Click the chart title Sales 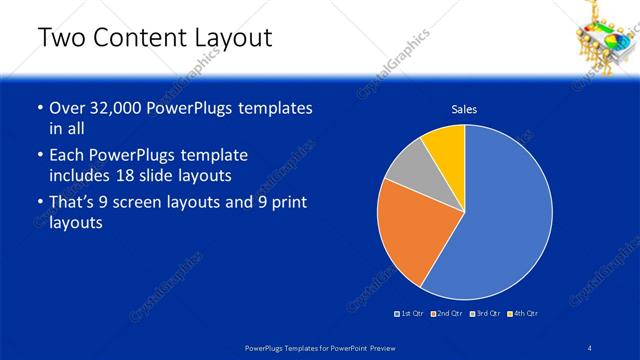(464, 109)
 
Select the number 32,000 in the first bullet (118, 108)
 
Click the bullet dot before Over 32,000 (39, 108)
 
